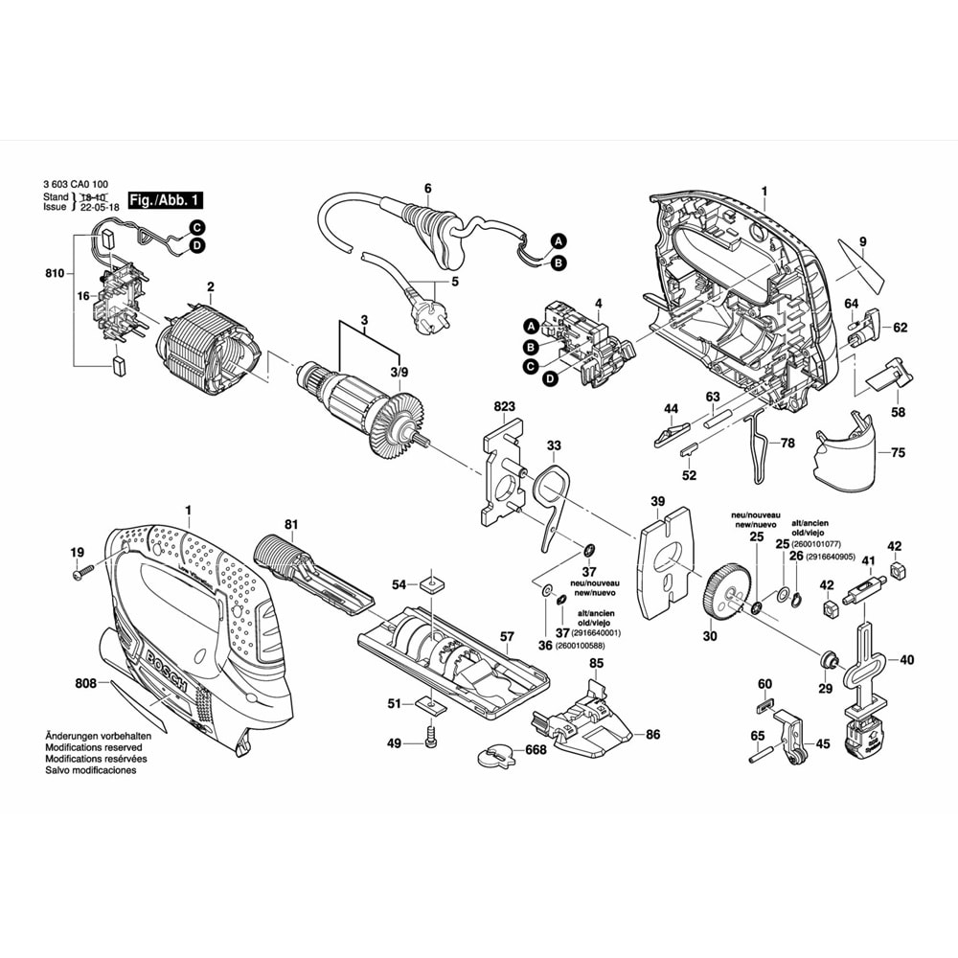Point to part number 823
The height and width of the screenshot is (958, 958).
pos(505,407)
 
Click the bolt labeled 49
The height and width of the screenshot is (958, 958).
pos(429,741)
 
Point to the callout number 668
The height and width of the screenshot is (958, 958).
pos(535,750)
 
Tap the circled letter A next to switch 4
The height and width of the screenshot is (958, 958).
pos(530,326)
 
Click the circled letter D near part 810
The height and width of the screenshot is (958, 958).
pos(195,246)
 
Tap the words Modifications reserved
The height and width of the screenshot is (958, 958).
pos(94,747)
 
